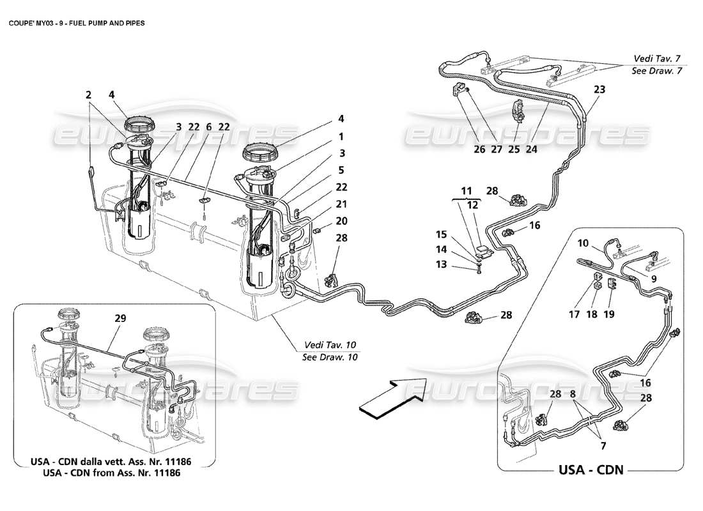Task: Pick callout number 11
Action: pyautogui.click(x=468, y=190)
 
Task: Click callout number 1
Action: pyautogui.click(x=341, y=136)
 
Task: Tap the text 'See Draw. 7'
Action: pyautogui.click(x=656, y=71)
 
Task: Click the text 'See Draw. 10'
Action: pyautogui.click(x=330, y=357)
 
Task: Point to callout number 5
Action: pyautogui.click(x=341, y=170)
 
